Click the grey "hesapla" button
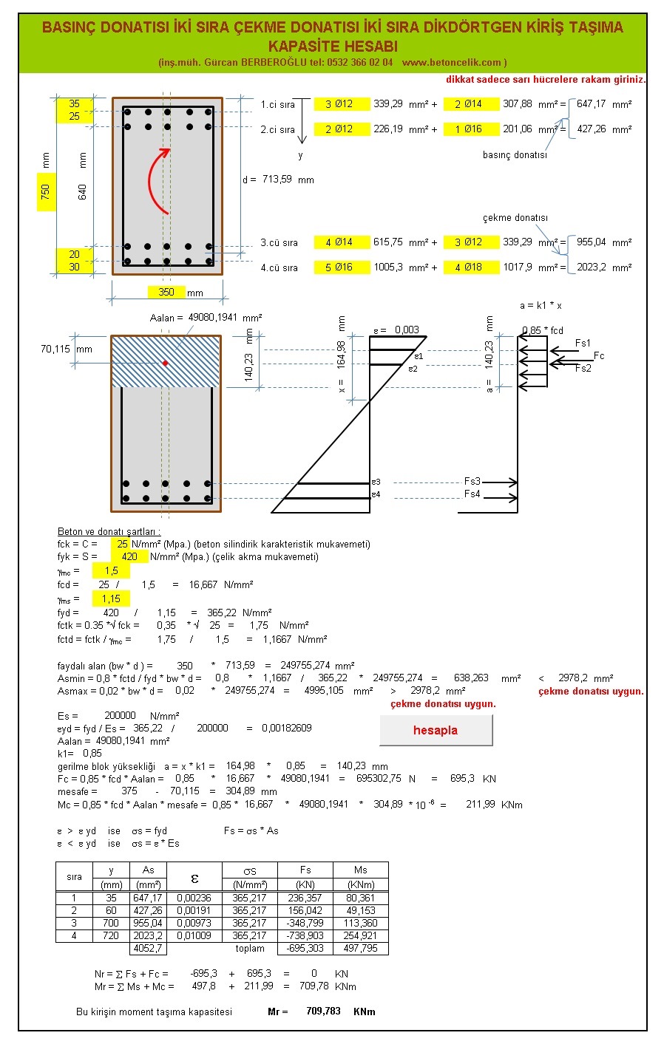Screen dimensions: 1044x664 click(436, 730)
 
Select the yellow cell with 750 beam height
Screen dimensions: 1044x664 click(46, 192)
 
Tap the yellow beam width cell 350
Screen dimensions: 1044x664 click(166, 292)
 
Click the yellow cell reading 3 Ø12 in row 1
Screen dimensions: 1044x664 click(341, 104)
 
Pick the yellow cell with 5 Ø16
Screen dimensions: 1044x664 click(341, 267)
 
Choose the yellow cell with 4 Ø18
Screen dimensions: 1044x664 click(470, 267)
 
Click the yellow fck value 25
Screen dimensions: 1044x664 click(121, 544)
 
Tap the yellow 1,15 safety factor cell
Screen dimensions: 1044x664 click(111, 598)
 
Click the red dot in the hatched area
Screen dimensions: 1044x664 click(165, 363)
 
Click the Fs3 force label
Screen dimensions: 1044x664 click(472, 482)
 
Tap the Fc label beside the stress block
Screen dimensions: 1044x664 click(598, 356)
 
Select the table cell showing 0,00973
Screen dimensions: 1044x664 click(195, 923)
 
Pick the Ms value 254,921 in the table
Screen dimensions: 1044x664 click(360, 935)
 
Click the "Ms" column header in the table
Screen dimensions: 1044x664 click(360, 870)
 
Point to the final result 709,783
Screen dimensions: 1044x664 click(323, 1011)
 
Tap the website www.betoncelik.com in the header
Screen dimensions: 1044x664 click(453, 63)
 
